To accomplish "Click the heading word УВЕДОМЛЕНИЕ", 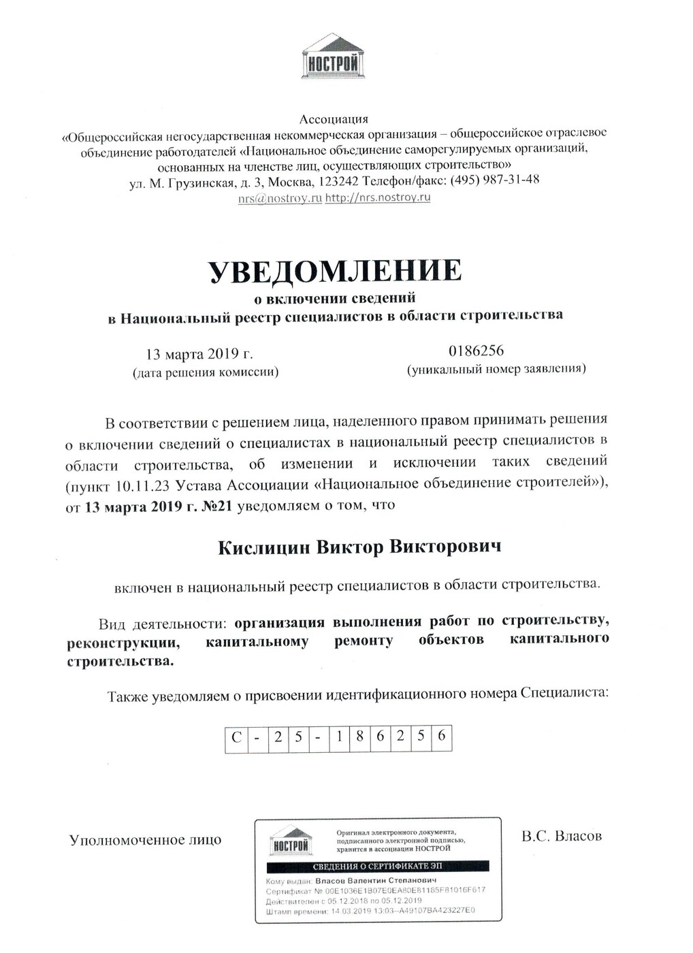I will pos(335,271).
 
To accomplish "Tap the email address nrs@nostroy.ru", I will pos(280,199).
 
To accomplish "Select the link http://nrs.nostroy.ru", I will pos(378,198).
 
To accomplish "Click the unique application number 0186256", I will pos(476,351).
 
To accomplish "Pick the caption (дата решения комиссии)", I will pos(205,372).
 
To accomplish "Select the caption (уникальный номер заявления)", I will pos(496,370).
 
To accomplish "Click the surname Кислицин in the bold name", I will pos(263,548).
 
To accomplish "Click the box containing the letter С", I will pos(236,737).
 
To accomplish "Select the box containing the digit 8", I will pos(359,737).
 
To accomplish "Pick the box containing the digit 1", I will pos(339,737).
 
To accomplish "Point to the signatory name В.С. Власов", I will pos(562,836).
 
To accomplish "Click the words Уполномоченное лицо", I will pos(145,840).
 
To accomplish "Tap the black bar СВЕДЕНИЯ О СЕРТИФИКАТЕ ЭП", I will pos(378,867).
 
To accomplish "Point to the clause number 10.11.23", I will pos(144,484).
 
